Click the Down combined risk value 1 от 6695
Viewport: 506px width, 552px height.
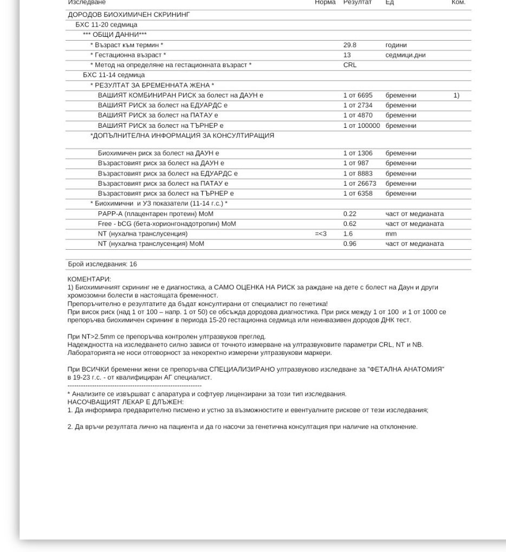[358, 95]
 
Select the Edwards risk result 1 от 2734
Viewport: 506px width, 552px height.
[358, 105]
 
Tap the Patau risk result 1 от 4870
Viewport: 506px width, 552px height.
[358, 115]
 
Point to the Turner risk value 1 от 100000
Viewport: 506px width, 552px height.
[361, 126]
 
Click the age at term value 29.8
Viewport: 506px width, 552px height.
[350, 45]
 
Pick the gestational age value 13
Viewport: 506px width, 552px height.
[347, 55]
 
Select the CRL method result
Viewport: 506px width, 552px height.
[350, 65]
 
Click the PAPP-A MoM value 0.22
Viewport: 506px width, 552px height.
[350, 214]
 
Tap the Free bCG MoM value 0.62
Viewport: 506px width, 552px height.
[350, 224]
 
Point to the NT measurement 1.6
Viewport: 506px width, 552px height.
[348, 234]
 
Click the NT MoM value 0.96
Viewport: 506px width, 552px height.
[350, 244]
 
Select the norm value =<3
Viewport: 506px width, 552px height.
[321, 234]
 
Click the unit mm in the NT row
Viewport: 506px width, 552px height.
[391, 234]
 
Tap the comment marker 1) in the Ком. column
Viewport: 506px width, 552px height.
[456, 95]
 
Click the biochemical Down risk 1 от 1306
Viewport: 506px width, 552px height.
[358, 153]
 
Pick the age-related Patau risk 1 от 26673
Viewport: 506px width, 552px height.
[360, 184]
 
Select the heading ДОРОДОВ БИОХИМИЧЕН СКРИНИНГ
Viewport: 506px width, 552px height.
[129, 15]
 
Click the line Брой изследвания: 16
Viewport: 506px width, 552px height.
[102, 264]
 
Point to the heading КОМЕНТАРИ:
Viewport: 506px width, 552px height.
[89, 279]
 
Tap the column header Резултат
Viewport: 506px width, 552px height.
[358, 3]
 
